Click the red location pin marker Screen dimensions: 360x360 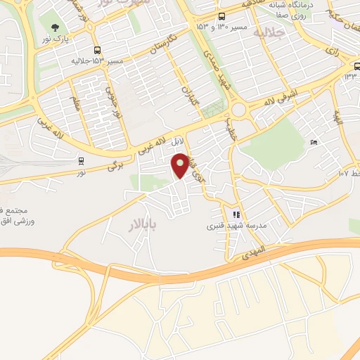181,165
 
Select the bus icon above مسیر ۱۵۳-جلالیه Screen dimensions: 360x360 97,50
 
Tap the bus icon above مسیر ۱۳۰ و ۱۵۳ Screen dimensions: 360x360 222,17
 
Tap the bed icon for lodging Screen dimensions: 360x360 314,143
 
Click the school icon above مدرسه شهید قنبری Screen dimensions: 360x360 236,214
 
